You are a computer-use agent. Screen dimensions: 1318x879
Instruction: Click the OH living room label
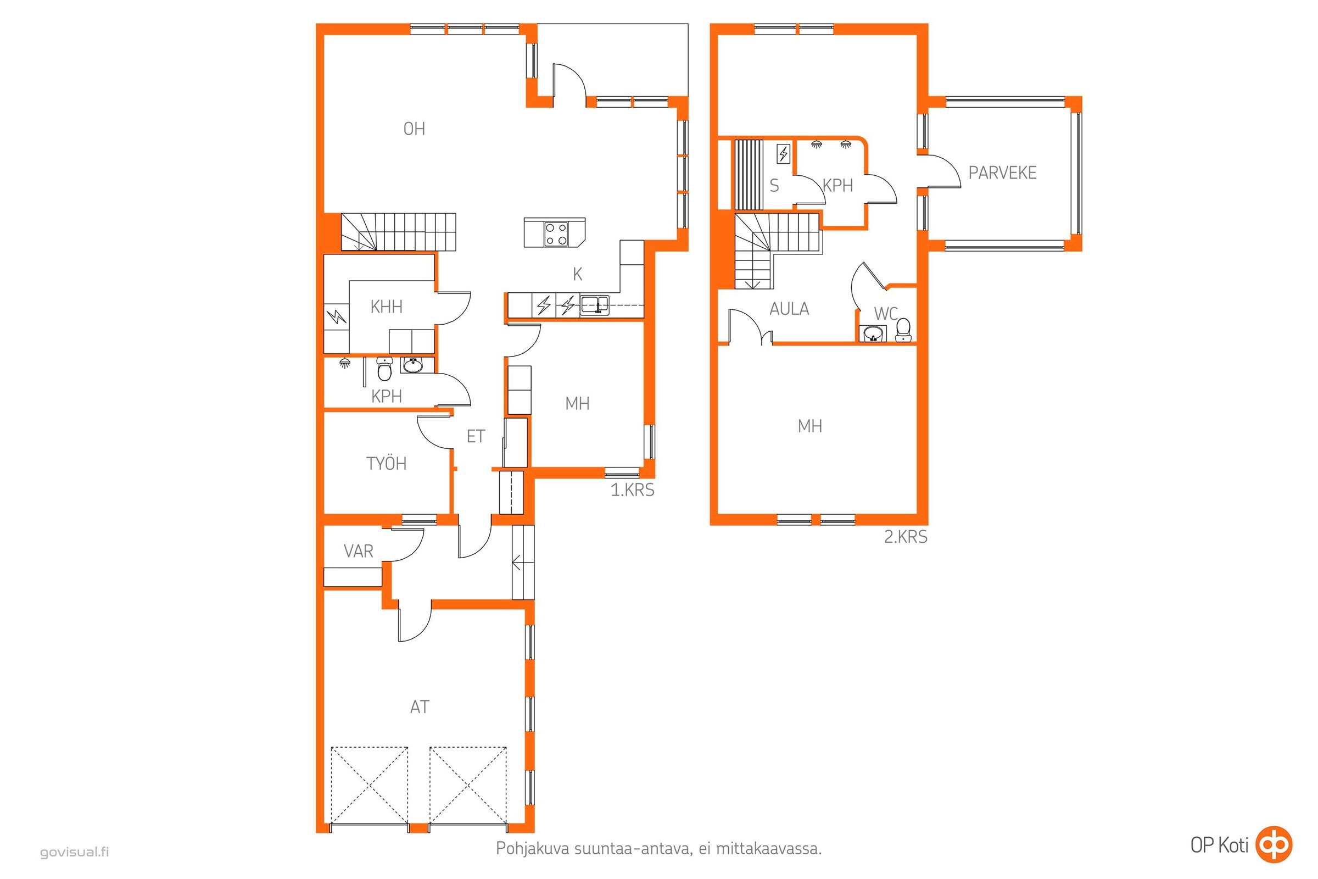(414, 129)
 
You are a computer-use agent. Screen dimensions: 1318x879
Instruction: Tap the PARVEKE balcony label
(1003, 173)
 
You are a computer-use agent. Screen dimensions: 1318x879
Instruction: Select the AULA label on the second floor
(789, 309)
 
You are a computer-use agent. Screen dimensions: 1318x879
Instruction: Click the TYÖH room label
(386, 464)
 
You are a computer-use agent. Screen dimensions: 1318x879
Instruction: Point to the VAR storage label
(358, 551)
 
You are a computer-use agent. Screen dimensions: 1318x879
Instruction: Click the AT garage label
(420, 707)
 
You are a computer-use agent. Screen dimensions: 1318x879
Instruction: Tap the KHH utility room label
(386, 307)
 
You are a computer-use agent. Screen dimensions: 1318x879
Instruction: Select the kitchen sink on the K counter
(595, 305)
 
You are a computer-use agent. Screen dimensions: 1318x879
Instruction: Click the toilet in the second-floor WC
(903, 330)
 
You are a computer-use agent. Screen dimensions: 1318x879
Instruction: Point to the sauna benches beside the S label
(749, 174)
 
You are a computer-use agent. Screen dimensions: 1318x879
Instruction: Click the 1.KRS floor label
(632, 490)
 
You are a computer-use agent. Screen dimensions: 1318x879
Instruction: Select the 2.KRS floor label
(906, 537)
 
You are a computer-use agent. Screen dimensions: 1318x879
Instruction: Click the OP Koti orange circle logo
(1274, 844)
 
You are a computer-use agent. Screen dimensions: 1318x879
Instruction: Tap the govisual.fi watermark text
(75, 853)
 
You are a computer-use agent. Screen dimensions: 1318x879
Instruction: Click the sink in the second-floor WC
(873, 333)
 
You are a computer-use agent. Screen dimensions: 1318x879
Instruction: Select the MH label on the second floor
(809, 427)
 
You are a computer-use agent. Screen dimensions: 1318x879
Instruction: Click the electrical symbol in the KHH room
(337, 318)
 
